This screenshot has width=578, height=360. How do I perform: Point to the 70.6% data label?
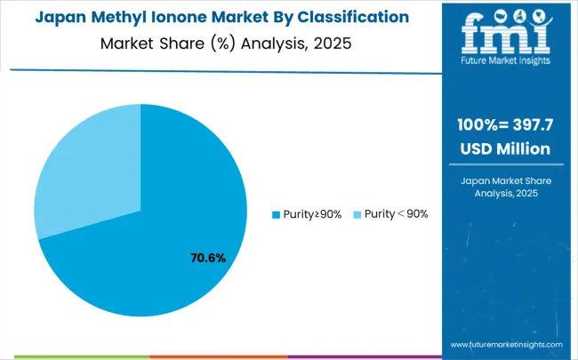click(208, 259)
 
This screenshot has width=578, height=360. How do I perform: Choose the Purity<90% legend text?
click(396, 214)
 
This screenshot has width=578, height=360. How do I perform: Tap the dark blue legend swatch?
click(276, 214)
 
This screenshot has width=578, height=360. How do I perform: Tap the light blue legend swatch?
click(357, 214)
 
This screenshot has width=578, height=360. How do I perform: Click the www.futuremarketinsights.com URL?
click(506, 344)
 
